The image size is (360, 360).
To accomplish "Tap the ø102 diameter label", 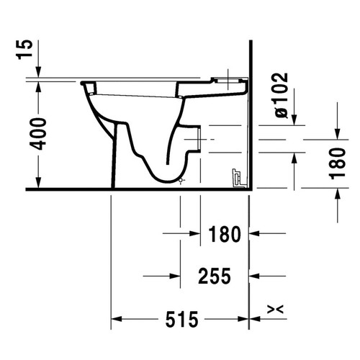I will coord(281,94).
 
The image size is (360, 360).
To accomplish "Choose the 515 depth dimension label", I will coord(181,318).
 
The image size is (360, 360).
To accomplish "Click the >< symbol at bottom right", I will coord(274,310).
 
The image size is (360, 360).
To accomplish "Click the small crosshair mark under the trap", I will coord(181,180).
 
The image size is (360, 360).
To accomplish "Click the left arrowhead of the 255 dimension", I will coord(148,275).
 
